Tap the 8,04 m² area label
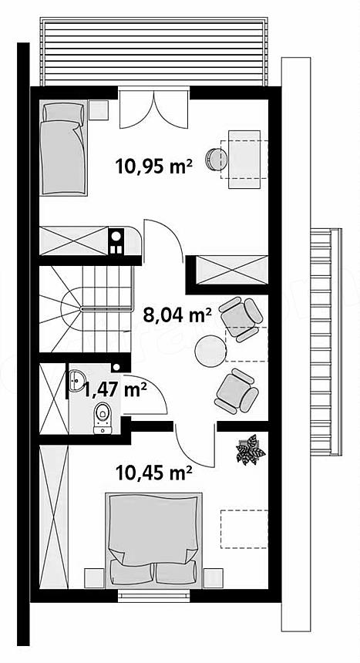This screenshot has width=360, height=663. [177, 315]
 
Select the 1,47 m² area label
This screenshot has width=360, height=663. [115, 389]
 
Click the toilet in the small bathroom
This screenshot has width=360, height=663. [103, 418]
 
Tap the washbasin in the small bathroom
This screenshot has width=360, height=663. [77, 381]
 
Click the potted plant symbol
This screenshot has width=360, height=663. [251, 449]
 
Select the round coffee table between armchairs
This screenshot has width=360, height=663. [210, 351]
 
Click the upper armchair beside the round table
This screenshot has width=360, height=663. [241, 318]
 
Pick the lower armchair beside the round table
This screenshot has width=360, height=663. [237, 391]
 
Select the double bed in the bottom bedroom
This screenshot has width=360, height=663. [153, 540]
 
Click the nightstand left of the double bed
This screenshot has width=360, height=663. [94, 578]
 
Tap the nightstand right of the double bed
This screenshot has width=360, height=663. [213, 578]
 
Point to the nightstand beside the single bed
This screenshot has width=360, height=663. [99, 109]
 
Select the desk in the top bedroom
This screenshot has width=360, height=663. [244, 160]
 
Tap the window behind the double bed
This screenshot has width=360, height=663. [153, 596]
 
